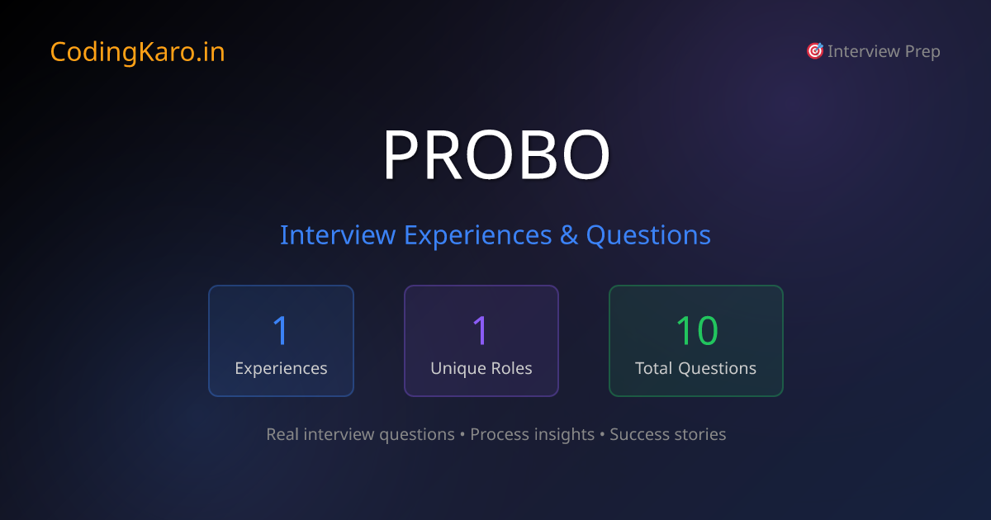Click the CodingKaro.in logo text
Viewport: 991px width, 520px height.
137,52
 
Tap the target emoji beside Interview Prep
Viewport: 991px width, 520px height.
814,51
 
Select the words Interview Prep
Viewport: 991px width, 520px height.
884,51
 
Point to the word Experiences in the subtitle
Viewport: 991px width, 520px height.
477,235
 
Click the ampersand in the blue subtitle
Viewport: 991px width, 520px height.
569,235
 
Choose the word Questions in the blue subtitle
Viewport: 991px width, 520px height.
648,235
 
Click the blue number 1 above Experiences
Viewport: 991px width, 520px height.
281,330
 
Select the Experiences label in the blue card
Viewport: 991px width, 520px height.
281,368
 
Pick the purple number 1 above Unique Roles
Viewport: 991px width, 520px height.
481,330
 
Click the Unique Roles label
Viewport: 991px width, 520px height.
481,368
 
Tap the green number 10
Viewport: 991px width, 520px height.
696,330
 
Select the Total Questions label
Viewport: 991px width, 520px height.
695,368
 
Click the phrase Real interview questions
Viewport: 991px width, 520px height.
360,434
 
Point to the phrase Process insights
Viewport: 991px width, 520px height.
532,434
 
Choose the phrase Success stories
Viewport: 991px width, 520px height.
667,434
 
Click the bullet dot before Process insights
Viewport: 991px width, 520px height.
462,434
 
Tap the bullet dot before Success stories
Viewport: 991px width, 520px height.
602,434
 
